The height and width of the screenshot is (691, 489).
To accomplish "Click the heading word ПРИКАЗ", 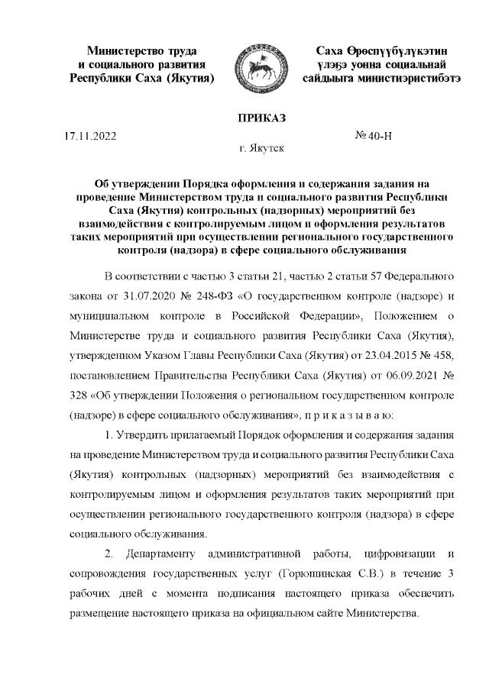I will tap(261, 118).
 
